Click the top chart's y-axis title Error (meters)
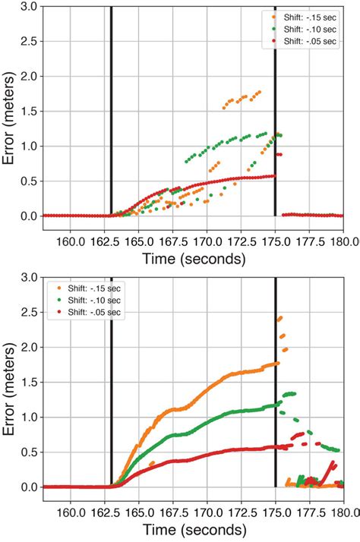point(11,112)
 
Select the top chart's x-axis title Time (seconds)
point(194,259)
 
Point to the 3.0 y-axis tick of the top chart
point(30,7)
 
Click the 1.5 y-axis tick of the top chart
point(30,112)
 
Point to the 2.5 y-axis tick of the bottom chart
point(30,313)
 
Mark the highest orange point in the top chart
point(260,92)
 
